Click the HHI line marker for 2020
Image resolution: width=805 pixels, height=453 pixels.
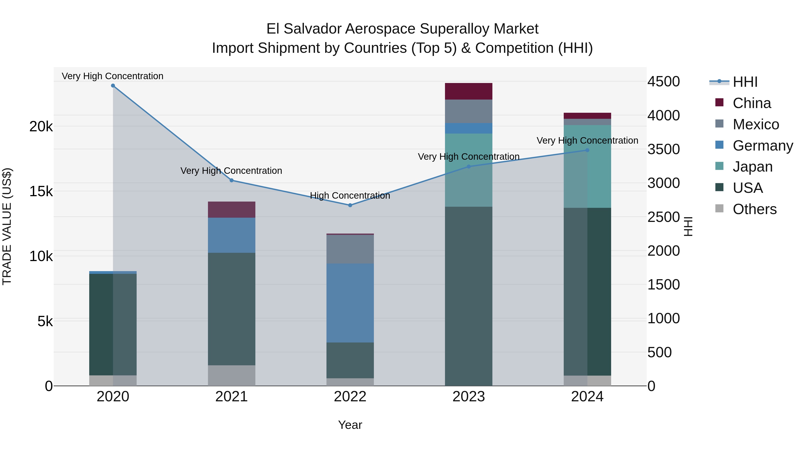113,86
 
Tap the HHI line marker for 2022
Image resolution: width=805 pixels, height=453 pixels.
350,205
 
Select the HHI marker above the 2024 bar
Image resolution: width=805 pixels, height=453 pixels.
587,150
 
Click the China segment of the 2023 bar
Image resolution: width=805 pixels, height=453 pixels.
468,91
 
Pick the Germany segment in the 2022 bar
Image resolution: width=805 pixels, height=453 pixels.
350,303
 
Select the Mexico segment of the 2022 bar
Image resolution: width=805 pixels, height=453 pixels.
350,249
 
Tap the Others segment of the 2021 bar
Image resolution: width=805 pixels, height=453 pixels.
232,375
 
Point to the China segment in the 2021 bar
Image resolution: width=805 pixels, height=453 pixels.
232,209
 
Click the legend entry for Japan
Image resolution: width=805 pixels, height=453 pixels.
752,167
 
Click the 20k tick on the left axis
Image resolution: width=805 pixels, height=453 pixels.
41,127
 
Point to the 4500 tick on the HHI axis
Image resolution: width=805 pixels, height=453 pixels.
663,82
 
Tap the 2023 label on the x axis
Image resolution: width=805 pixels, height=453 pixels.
468,397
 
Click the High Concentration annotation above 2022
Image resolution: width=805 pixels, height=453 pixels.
350,196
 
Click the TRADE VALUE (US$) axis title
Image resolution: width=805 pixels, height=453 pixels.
7,226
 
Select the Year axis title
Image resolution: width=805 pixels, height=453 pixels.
350,425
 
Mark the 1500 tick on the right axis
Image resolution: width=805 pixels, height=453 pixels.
663,285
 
